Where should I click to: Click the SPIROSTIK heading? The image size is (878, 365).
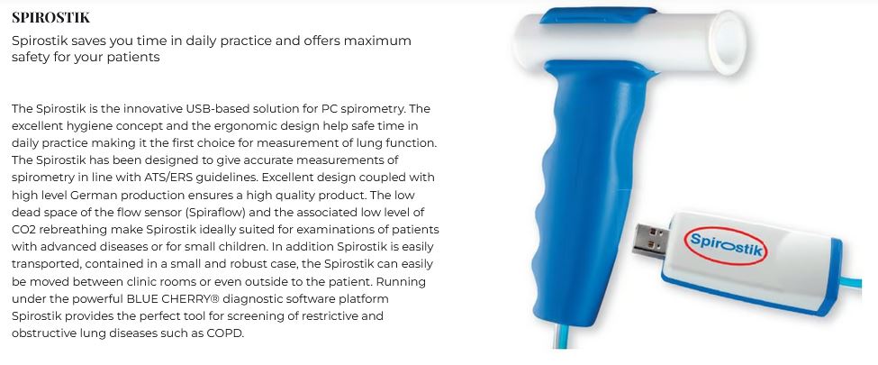[50, 17]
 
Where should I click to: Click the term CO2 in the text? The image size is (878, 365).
[23, 230]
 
